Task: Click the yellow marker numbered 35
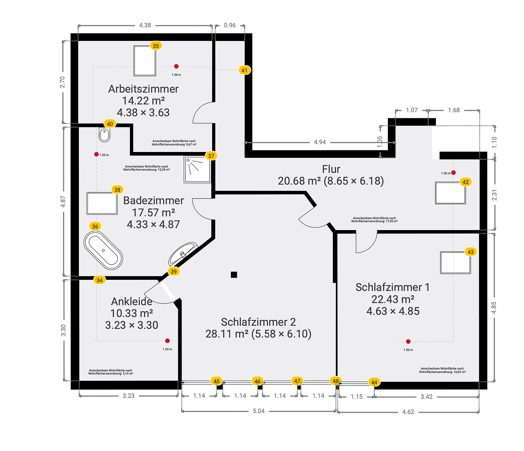click(156, 46)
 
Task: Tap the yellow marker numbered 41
click(244, 71)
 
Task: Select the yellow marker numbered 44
click(374, 382)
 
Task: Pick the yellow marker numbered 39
click(174, 271)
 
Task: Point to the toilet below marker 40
click(104, 135)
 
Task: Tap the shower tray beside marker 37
click(197, 170)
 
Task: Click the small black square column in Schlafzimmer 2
click(234, 274)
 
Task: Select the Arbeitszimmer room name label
click(143, 89)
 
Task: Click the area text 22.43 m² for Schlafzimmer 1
click(393, 299)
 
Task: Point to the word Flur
click(331, 169)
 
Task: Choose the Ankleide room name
click(132, 302)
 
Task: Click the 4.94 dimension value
click(320, 142)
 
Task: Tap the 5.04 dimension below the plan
click(259, 411)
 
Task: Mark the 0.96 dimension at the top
click(230, 25)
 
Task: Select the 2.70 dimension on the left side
click(63, 82)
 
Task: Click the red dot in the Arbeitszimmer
click(176, 66)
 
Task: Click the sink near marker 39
click(182, 253)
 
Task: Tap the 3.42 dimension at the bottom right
click(426, 397)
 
